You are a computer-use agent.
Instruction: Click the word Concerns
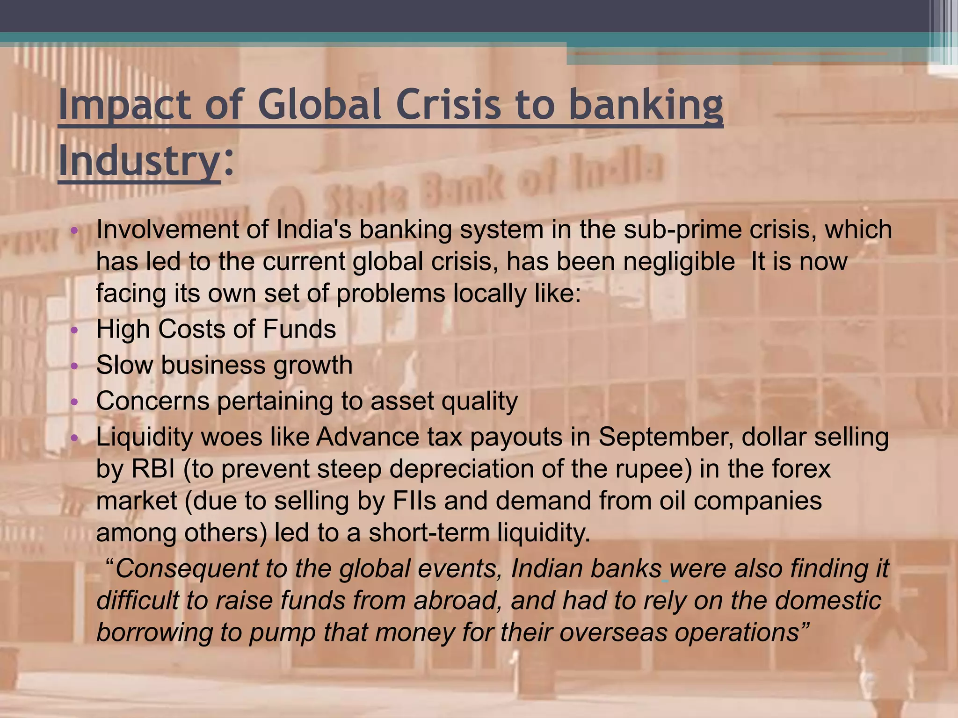152,401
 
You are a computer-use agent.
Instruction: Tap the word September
666,438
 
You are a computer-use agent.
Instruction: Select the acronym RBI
153,469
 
